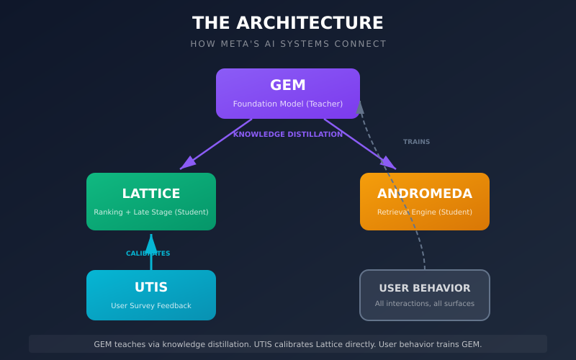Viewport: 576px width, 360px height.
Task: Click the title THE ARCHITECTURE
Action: click(x=288, y=23)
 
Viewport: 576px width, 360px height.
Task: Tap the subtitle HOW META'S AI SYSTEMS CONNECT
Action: click(x=288, y=44)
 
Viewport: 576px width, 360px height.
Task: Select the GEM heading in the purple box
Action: click(x=288, y=85)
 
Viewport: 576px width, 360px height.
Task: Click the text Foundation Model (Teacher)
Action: click(x=288, y=104)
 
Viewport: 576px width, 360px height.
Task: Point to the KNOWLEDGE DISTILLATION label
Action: click(x=288, y=134)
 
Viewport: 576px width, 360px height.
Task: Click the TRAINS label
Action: click(x=416, y=142)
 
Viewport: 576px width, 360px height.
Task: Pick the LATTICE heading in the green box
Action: click(x=151, y=194)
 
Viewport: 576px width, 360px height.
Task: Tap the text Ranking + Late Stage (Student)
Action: click(x=151, y=212)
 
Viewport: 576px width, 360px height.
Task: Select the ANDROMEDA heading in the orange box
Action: click(x=425, y=194)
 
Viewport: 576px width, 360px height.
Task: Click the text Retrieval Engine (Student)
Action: click(x=425, y=212)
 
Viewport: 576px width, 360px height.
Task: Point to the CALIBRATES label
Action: click(x=148, y=253)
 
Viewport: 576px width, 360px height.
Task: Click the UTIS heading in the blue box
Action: click(x=151, y=287)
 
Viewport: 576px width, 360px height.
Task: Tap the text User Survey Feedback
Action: click(x=151, y=306)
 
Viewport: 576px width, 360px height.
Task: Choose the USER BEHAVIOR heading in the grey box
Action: click(x=425, y=288)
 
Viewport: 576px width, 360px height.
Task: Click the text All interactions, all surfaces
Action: click(x=425, y=304)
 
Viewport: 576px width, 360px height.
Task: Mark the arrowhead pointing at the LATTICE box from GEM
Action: click(x=186, y=164)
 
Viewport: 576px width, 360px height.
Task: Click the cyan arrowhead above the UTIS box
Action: click(x=151, y=243)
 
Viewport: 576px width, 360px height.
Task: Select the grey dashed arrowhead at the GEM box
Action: click(x=360, y=107)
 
